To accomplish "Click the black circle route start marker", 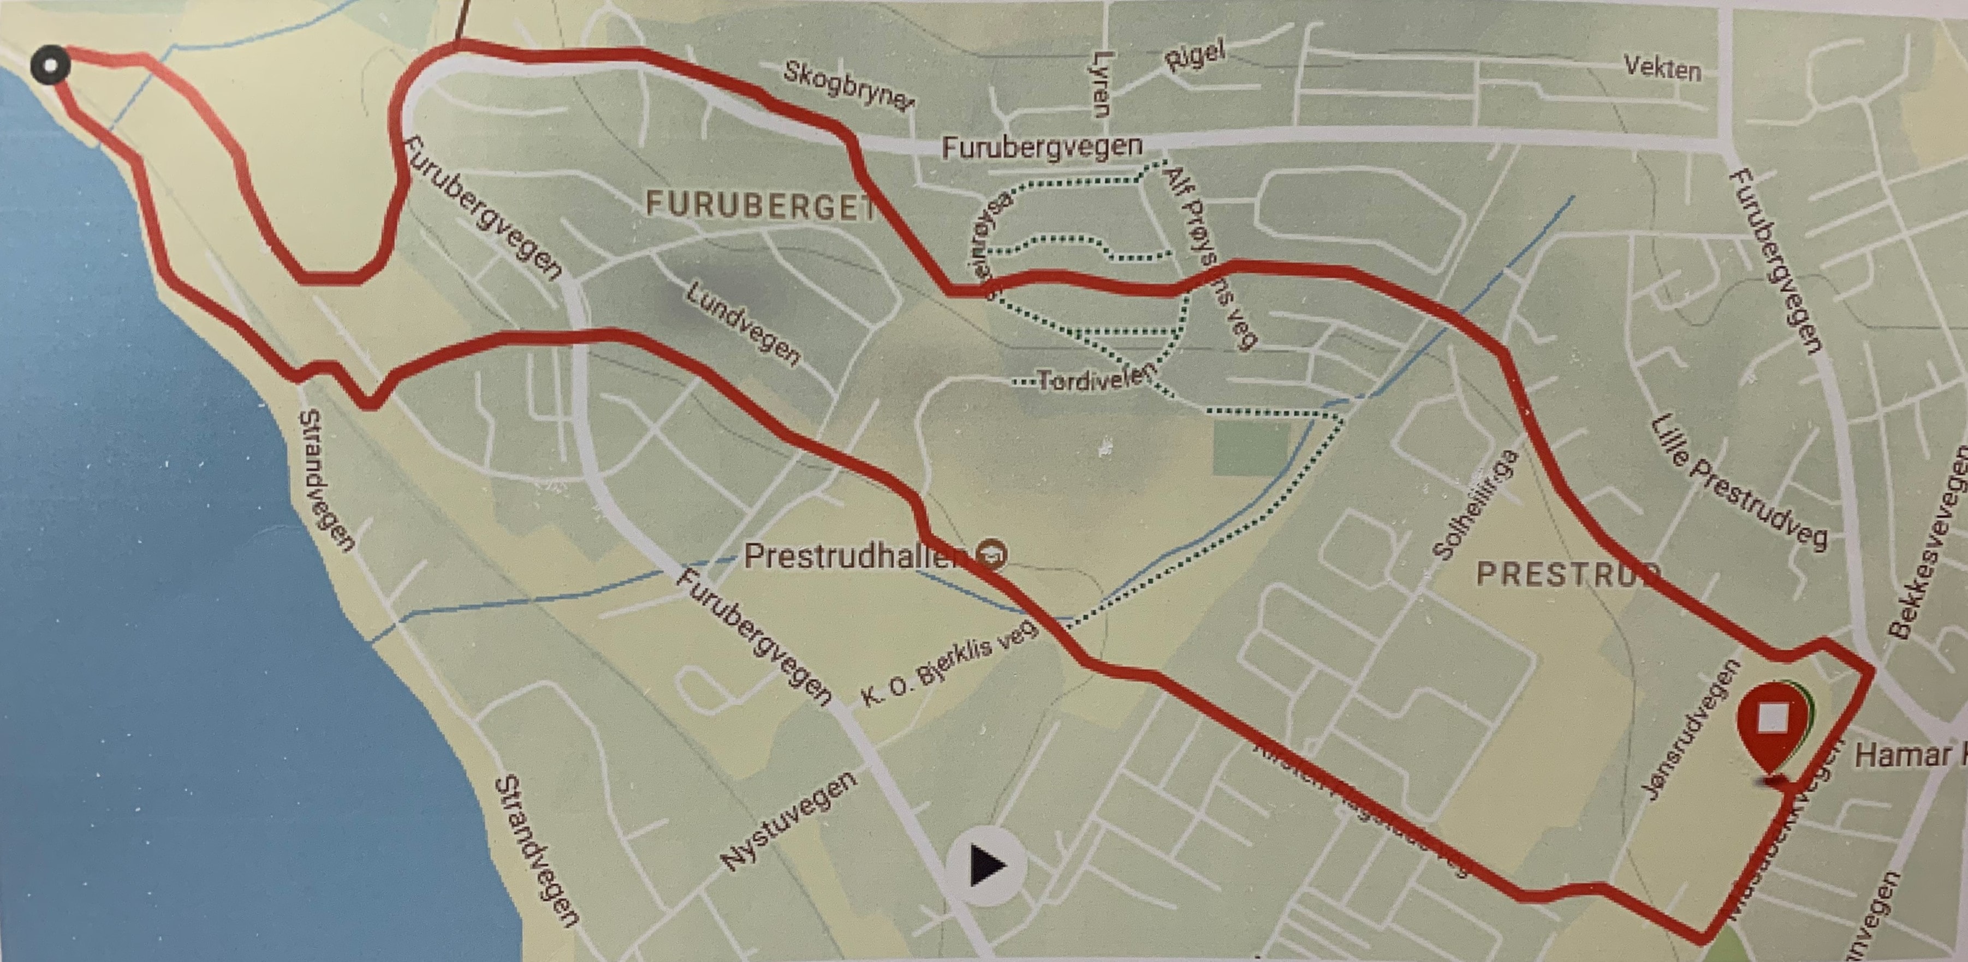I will tap(50, 65).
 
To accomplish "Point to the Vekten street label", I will tap(1662, 69).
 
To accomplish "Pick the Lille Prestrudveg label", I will tap(1739, 483).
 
